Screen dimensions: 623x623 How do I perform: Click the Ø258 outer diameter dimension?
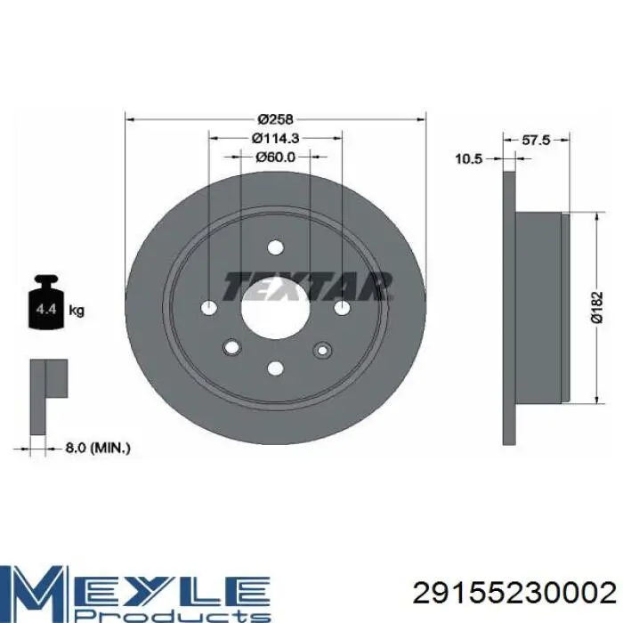(276, 119)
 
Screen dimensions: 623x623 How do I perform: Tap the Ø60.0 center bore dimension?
(276, 157)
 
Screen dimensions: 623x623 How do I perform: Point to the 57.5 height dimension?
(534, 140)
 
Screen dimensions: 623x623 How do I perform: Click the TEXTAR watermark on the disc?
(307, 285)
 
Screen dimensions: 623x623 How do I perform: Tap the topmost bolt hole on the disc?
(276, 247)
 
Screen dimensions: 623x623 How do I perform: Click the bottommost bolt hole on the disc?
(276, 367)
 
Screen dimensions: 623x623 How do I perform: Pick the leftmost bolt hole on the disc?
(209, 307)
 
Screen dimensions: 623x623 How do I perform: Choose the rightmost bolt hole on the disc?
(343, 307)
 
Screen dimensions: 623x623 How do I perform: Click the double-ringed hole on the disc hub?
(320, 349)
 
